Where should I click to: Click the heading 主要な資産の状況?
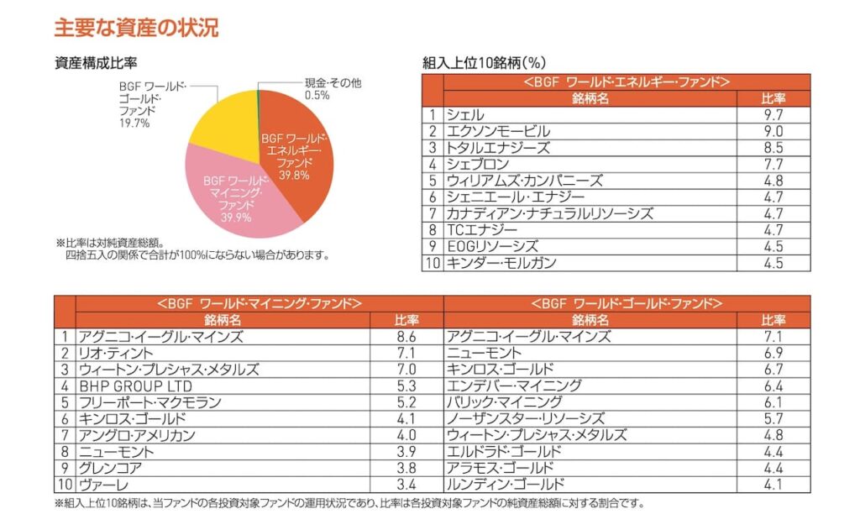pos(136,28)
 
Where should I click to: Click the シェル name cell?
pos(465,115)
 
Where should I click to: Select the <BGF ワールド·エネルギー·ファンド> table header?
pos(626,82)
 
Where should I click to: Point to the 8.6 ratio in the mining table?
pos(406,337)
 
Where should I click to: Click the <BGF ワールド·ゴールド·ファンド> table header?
pos(626,303)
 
